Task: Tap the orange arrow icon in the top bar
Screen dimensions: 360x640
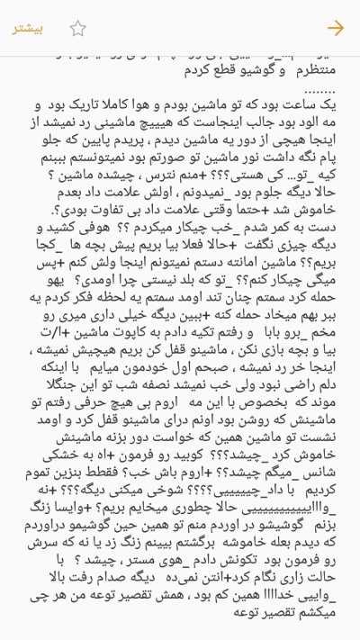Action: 336,28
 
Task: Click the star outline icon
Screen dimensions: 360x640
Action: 78,28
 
